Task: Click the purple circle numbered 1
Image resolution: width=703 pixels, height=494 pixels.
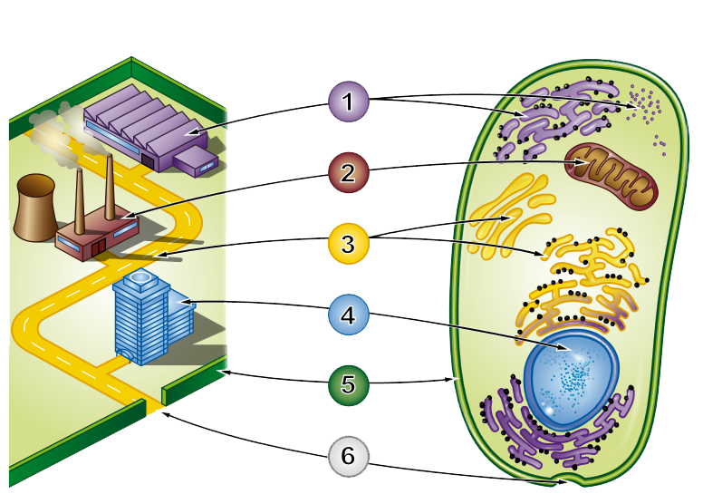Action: pyautogui.click(x=349, y=102)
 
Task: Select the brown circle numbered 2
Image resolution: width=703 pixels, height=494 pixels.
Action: pyautogui.click(x=349, y=172)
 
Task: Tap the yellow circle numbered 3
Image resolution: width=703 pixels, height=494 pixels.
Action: pyautogui.click(x=349, y=243)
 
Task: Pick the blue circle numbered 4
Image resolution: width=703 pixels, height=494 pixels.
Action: pyautogui.click(x=349, y=315)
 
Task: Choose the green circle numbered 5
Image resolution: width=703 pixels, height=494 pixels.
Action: pyautogui.click(x=349, y=385)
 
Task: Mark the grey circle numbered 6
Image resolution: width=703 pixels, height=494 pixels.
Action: pyautogui.click(x=349, y=456)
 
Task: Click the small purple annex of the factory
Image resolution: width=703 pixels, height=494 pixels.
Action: pyautogui.click(x=196, y=161)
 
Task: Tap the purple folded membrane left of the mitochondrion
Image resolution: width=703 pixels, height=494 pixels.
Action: pyautogui.click(x=544, y=122)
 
